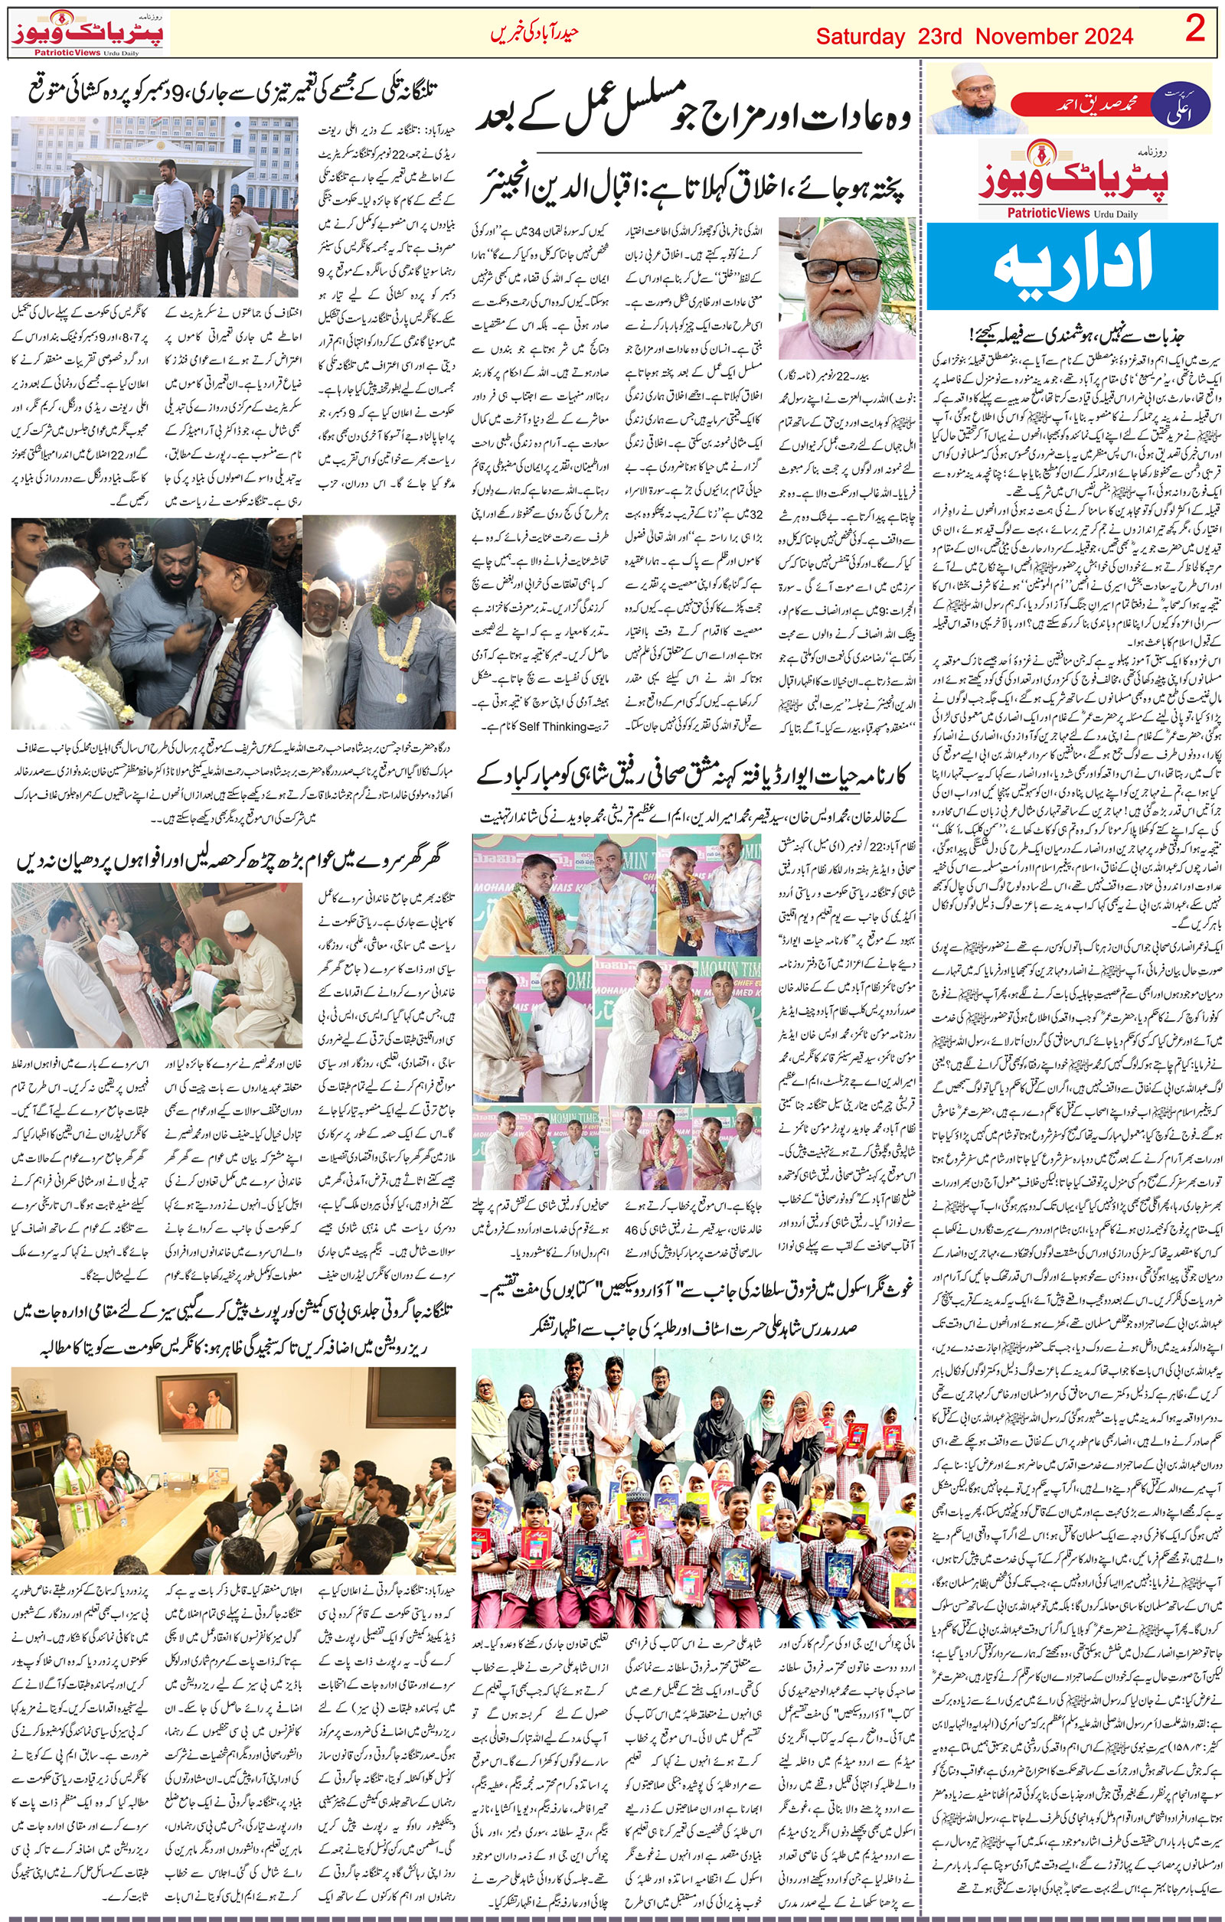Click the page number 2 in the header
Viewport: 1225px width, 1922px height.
1194,31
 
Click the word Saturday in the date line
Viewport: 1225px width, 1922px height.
860,37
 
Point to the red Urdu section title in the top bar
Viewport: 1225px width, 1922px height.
533,34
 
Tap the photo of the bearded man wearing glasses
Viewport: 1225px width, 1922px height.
847,287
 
